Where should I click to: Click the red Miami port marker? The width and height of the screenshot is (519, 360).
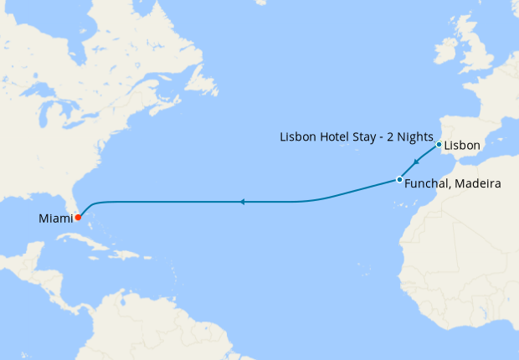[x=78, y=218]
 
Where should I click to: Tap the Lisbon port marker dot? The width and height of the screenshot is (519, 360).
[x=439, y=144]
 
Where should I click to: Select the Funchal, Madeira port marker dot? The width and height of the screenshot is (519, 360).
[x=399, y=180]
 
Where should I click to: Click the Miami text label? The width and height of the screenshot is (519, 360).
[x=55, y=219]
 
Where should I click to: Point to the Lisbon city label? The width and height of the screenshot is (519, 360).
[x=462, y=146]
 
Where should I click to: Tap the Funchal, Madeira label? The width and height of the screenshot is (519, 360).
[x=452, y=184]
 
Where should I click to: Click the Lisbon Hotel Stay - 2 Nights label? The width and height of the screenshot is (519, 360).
[x=355, y=136]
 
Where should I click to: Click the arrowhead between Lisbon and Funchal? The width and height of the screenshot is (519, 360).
[x=416, y=163]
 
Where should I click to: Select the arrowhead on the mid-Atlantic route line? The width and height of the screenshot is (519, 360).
[x=241, y=202]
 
